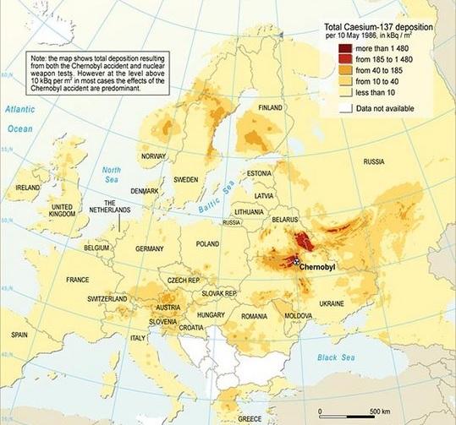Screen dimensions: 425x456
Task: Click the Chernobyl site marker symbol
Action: (296, 263)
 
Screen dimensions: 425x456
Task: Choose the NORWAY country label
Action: (154, 156)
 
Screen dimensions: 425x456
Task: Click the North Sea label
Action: (113, 173)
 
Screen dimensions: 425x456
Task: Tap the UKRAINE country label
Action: (332, 302)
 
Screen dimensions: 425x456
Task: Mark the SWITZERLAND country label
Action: (107, 299)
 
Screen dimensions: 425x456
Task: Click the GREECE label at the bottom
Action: (250, 418)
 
